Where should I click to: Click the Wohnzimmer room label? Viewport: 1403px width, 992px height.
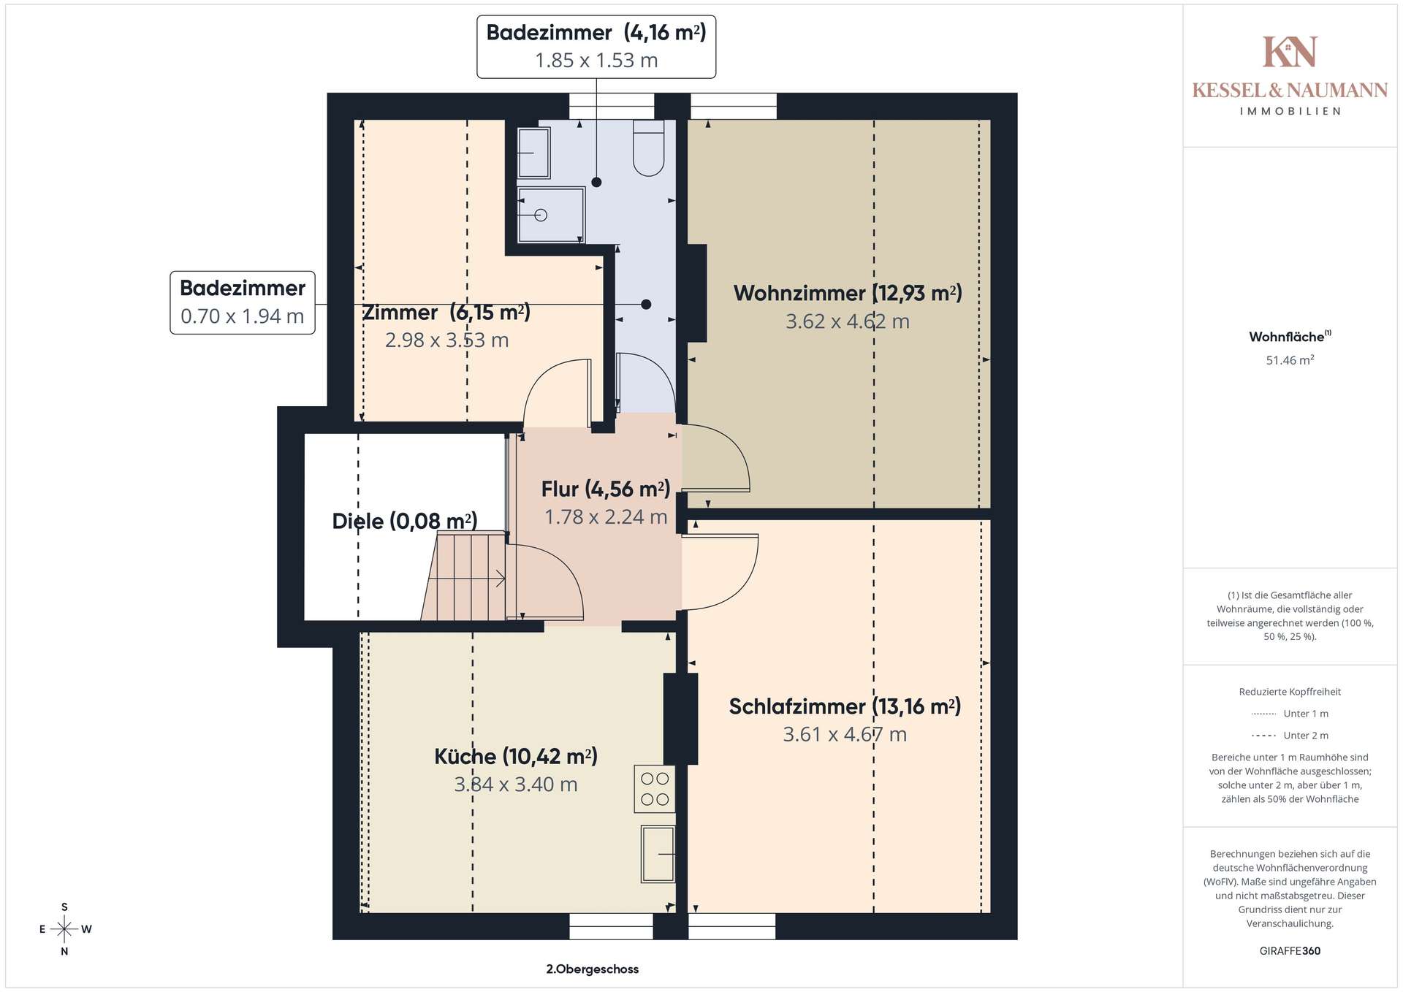click(848, 294)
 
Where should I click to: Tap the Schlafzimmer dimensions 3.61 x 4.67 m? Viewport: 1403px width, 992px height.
click(845, 735)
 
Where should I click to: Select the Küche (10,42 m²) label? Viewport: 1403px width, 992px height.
click(516, 757)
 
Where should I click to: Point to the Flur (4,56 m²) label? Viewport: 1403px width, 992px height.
click(606, 489)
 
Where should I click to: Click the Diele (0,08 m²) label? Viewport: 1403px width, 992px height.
click(405, 522)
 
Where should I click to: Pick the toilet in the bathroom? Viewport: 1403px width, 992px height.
click(648, 148)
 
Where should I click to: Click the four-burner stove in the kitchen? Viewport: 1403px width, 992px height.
click(655, 789)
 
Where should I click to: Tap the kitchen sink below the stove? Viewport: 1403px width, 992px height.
click(658, 854)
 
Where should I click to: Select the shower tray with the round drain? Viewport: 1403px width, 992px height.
click(551, 215)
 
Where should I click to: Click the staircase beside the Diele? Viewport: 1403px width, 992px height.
click(465, 576)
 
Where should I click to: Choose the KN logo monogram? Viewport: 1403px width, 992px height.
click(1290, 52)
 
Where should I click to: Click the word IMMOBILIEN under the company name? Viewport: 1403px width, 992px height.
click(1290, 112)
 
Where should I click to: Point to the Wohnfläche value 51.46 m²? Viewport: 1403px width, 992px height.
click(1290, 360)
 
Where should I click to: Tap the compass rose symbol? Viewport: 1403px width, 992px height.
click(64, 929)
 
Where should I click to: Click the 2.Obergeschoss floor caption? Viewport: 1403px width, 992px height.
click(593, 969)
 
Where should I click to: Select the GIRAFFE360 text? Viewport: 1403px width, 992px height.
click(1290, 951)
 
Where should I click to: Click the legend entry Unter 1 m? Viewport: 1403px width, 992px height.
click(1290, 714)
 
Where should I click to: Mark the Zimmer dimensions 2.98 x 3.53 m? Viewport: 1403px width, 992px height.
click(446, 340)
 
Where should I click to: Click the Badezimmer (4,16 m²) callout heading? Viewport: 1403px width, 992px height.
click(596, 33)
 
